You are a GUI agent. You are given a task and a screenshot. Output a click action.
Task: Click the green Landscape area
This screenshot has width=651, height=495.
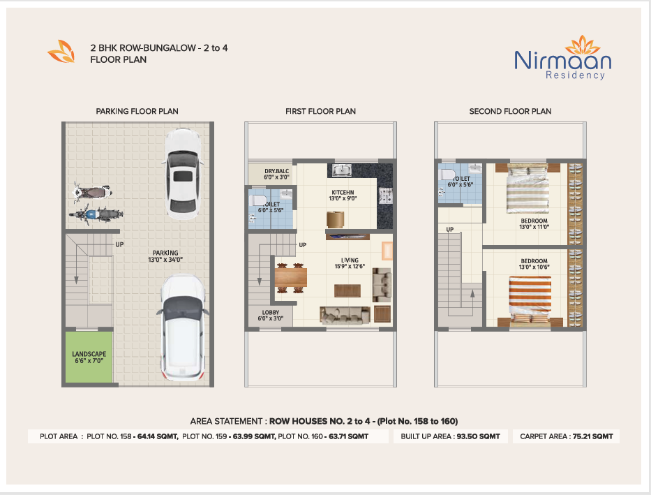[x=89, y=357]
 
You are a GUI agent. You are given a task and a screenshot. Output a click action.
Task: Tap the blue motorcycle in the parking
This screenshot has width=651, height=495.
[x=96, y=214]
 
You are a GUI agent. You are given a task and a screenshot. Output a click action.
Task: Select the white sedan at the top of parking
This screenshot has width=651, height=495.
[x=183, y=174]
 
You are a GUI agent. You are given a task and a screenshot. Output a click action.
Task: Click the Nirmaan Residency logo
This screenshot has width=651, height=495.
[x=562, y=58]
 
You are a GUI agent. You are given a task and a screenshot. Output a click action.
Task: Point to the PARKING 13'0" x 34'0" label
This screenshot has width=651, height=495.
[x=165, y=256]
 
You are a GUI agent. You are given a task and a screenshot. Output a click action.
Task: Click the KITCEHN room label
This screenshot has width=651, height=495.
[x=343, y=192]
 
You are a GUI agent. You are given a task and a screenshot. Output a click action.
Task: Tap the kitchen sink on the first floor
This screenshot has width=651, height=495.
[x=342, y=170]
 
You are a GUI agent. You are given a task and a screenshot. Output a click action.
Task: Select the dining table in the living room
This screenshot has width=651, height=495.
[x=291, y=278]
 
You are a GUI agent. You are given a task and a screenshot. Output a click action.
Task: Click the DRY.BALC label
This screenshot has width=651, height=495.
[x=276, y=171]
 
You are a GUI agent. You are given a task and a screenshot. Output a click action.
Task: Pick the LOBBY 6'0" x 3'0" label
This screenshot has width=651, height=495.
[x=271, y=315]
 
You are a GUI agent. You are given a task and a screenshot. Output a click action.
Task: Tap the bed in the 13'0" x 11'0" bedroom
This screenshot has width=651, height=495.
[x=527, y=188]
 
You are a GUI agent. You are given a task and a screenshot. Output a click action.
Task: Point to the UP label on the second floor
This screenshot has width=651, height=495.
[x=450, y=229]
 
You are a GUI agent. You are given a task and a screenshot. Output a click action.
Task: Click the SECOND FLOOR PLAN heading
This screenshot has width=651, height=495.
[x=510, y=111]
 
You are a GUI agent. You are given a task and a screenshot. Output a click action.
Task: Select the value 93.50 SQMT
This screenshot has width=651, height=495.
[x=478, y=436]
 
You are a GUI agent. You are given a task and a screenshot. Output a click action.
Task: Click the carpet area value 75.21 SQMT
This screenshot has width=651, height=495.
[x=593, y=436]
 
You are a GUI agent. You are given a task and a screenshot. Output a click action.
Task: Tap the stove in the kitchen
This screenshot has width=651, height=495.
[x=385, y=195]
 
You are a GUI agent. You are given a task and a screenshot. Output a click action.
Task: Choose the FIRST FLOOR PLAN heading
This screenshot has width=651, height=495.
[x=320, y=111]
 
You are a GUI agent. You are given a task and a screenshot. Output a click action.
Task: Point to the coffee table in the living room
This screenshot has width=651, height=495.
[x=347, y=290]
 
